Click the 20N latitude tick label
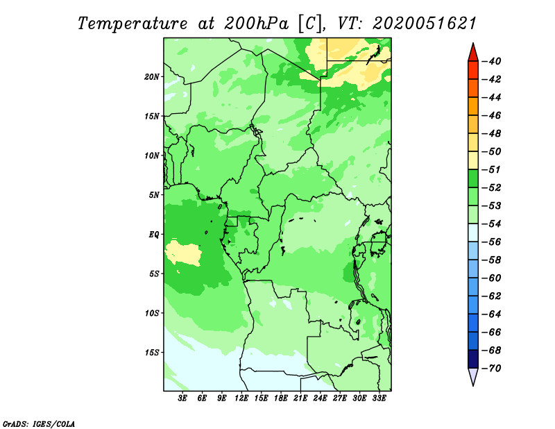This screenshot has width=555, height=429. (x=151, y=77)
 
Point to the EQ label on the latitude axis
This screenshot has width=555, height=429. (x=153, y=235)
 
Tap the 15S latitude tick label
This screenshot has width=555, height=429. (x=151, y=353)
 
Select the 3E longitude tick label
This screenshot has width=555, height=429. (x=182, y=398)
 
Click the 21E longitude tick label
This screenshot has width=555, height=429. (x=300, y=398)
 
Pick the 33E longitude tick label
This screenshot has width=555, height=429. (x=379, y=398)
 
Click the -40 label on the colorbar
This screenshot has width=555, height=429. (x=492, y=61)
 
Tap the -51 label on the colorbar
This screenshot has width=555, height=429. (x=492, y=169)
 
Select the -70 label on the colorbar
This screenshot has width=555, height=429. (x=492, y=369)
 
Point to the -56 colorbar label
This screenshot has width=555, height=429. (x=492, y=242)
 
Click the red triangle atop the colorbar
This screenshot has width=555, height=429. (x=473, y=53)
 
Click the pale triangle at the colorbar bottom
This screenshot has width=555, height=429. (x=473, y=376)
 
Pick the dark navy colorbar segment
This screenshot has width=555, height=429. (x=473, y=359)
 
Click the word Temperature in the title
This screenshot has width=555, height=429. (x=133, y=24)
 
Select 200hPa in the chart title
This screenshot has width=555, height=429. (x=256, y=24)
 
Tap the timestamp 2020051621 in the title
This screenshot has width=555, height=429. (x=425, y=24)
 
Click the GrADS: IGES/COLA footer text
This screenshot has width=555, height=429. (x=39, y=423)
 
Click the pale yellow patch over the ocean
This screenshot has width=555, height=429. (x=183, y=253)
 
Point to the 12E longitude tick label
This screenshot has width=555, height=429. (x=241, y=398)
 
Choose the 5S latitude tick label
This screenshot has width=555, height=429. (x=153, y=274)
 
